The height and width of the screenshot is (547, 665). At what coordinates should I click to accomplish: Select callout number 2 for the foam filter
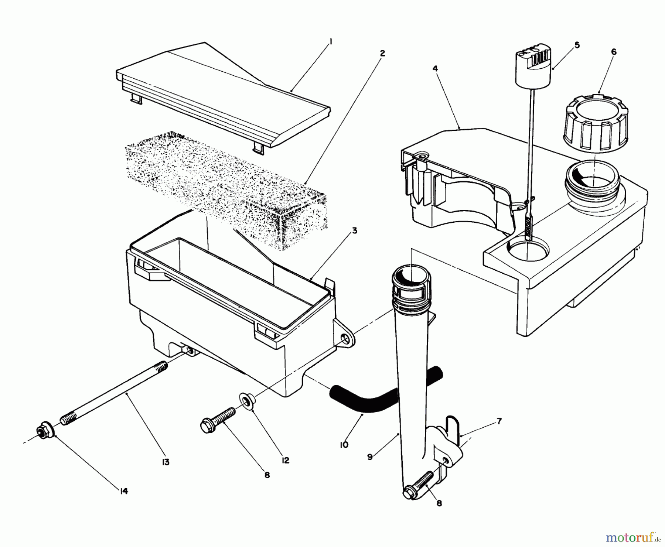tap(382, 54)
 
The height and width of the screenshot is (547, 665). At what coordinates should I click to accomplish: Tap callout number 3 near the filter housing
tap(354, 231)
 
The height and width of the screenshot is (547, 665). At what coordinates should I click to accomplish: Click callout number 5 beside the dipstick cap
tap(577, 45)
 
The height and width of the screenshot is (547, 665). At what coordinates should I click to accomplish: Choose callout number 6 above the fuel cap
tap(614, 52)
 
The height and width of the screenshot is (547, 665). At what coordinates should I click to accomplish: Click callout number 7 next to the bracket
tap(499, 421)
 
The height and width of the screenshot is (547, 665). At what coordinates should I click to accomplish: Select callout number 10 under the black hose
tap(344, 445)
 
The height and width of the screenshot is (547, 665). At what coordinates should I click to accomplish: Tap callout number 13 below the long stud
tap(166, 462)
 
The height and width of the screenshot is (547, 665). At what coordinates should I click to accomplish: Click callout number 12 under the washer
tap(285, 460)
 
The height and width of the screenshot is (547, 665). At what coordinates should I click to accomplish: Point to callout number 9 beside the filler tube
tap(370, 457)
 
